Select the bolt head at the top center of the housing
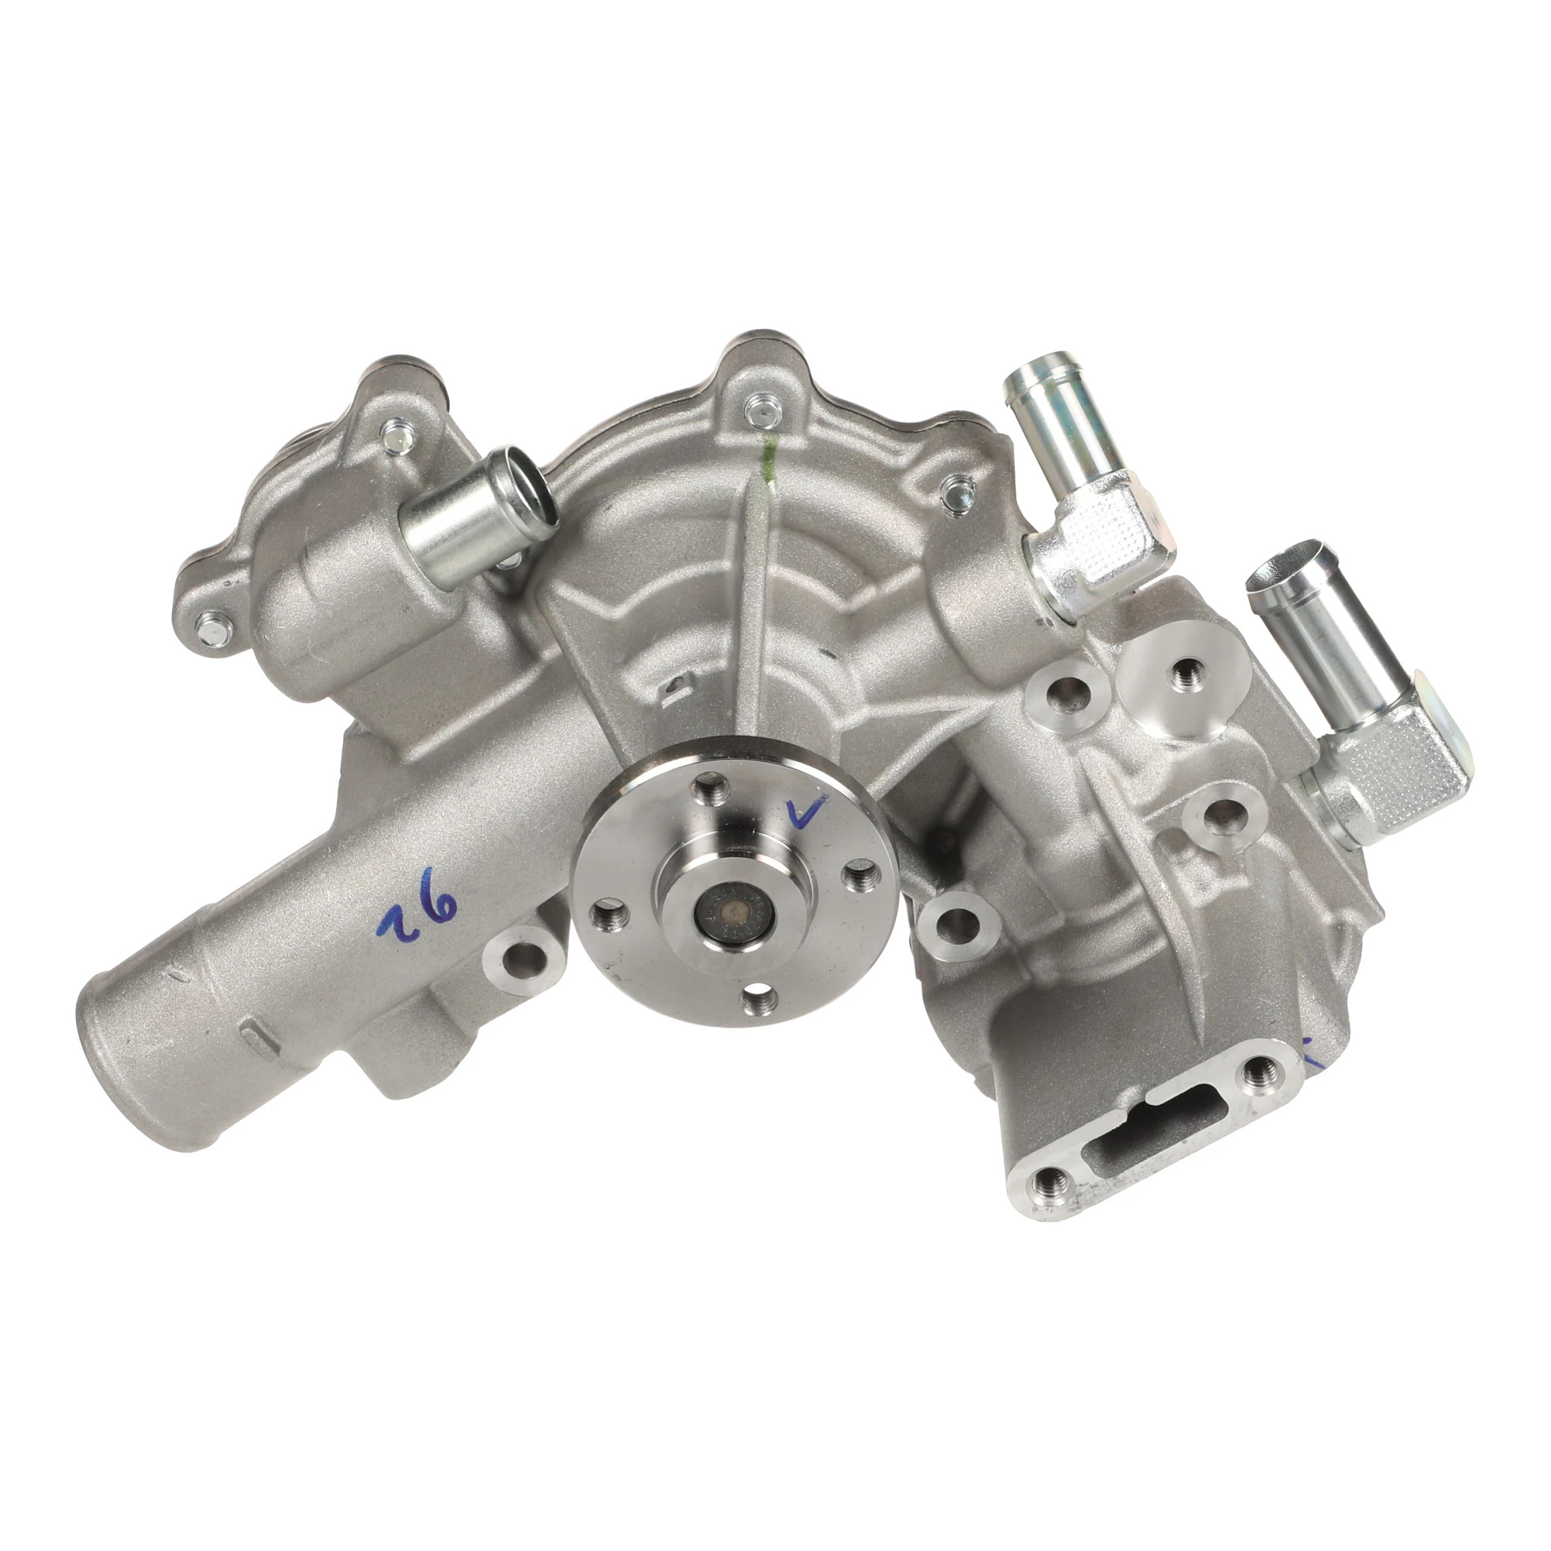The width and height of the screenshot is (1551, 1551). click(758, 413)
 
